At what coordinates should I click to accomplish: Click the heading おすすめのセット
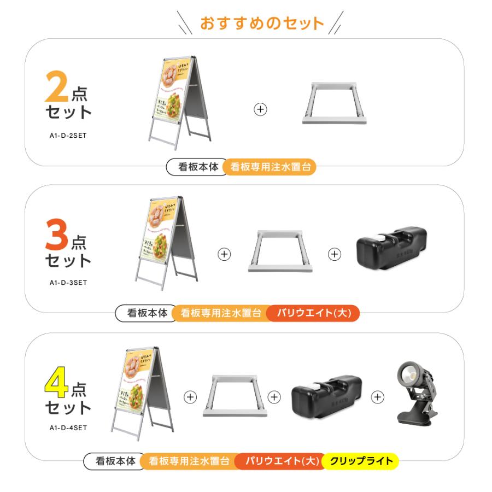point(262,24)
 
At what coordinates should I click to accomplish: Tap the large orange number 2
point(57,86)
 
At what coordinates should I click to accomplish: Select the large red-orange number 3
point(57,235)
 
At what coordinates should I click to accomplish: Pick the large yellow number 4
point(56,383)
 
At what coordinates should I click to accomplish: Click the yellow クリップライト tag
point(361,461)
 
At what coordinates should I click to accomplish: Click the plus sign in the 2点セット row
point(261,109)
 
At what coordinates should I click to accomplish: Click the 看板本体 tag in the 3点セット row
point(147,313)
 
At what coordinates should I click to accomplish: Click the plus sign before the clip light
point(377,397)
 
